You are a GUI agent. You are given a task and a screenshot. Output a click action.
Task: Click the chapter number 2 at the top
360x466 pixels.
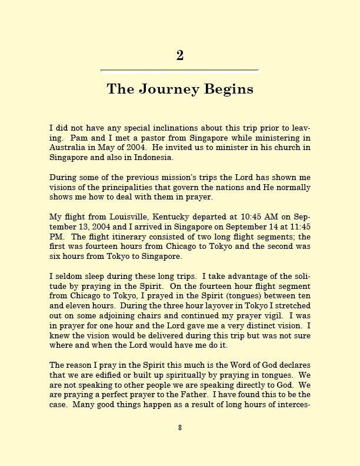tap(180, 55)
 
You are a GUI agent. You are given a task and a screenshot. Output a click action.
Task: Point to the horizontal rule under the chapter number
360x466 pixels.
tap(179, 71)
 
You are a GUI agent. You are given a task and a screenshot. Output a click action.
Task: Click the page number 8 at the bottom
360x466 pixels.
tap(180, 428)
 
